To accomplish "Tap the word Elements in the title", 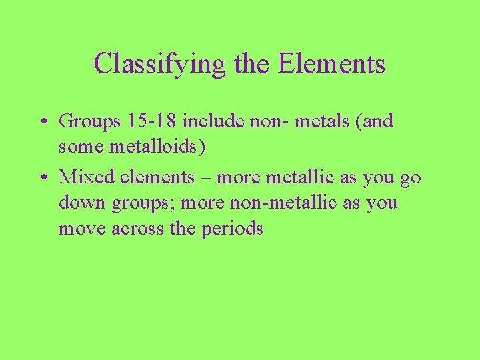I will [331, 64].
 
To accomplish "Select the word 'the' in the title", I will [253, 64].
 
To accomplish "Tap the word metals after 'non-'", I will [321, 121].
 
